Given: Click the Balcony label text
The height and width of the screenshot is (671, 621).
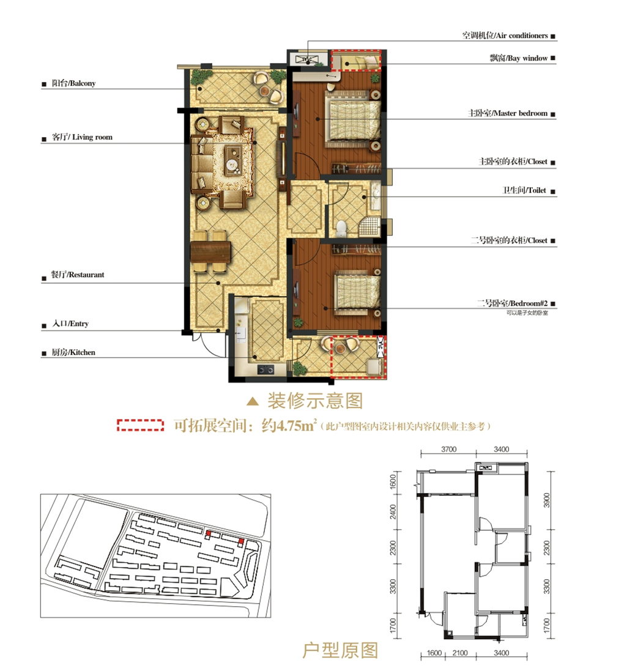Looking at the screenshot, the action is coord(73,83).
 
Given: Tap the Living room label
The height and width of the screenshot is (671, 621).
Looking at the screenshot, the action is coord(82,138).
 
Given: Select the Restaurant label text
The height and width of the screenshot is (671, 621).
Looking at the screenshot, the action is coord(78,275).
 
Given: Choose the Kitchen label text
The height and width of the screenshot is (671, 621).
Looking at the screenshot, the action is coord(73,352).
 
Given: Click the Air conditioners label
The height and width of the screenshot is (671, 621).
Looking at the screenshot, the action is coord(505,35).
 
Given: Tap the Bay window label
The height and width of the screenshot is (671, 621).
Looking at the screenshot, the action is coord(519,58).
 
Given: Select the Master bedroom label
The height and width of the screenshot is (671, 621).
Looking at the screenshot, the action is coord(508,113).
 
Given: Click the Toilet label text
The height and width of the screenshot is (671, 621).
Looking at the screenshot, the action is coord(524,190).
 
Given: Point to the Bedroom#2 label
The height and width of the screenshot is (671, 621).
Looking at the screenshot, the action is coord(512,303).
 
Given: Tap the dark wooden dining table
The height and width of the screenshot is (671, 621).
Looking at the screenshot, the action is coord(210,251).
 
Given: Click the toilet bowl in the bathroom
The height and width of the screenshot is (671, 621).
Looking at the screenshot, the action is coord(342,229).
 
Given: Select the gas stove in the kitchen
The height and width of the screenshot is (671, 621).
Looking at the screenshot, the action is coord(266,369).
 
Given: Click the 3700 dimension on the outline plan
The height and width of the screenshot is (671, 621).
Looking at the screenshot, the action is coord(448,450).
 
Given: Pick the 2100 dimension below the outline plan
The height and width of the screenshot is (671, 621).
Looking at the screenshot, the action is coord(460,653).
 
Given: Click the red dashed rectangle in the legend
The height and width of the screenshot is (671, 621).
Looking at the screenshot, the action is coord(140,425).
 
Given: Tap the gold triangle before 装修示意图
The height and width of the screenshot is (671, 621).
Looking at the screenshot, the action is coord(253,401).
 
